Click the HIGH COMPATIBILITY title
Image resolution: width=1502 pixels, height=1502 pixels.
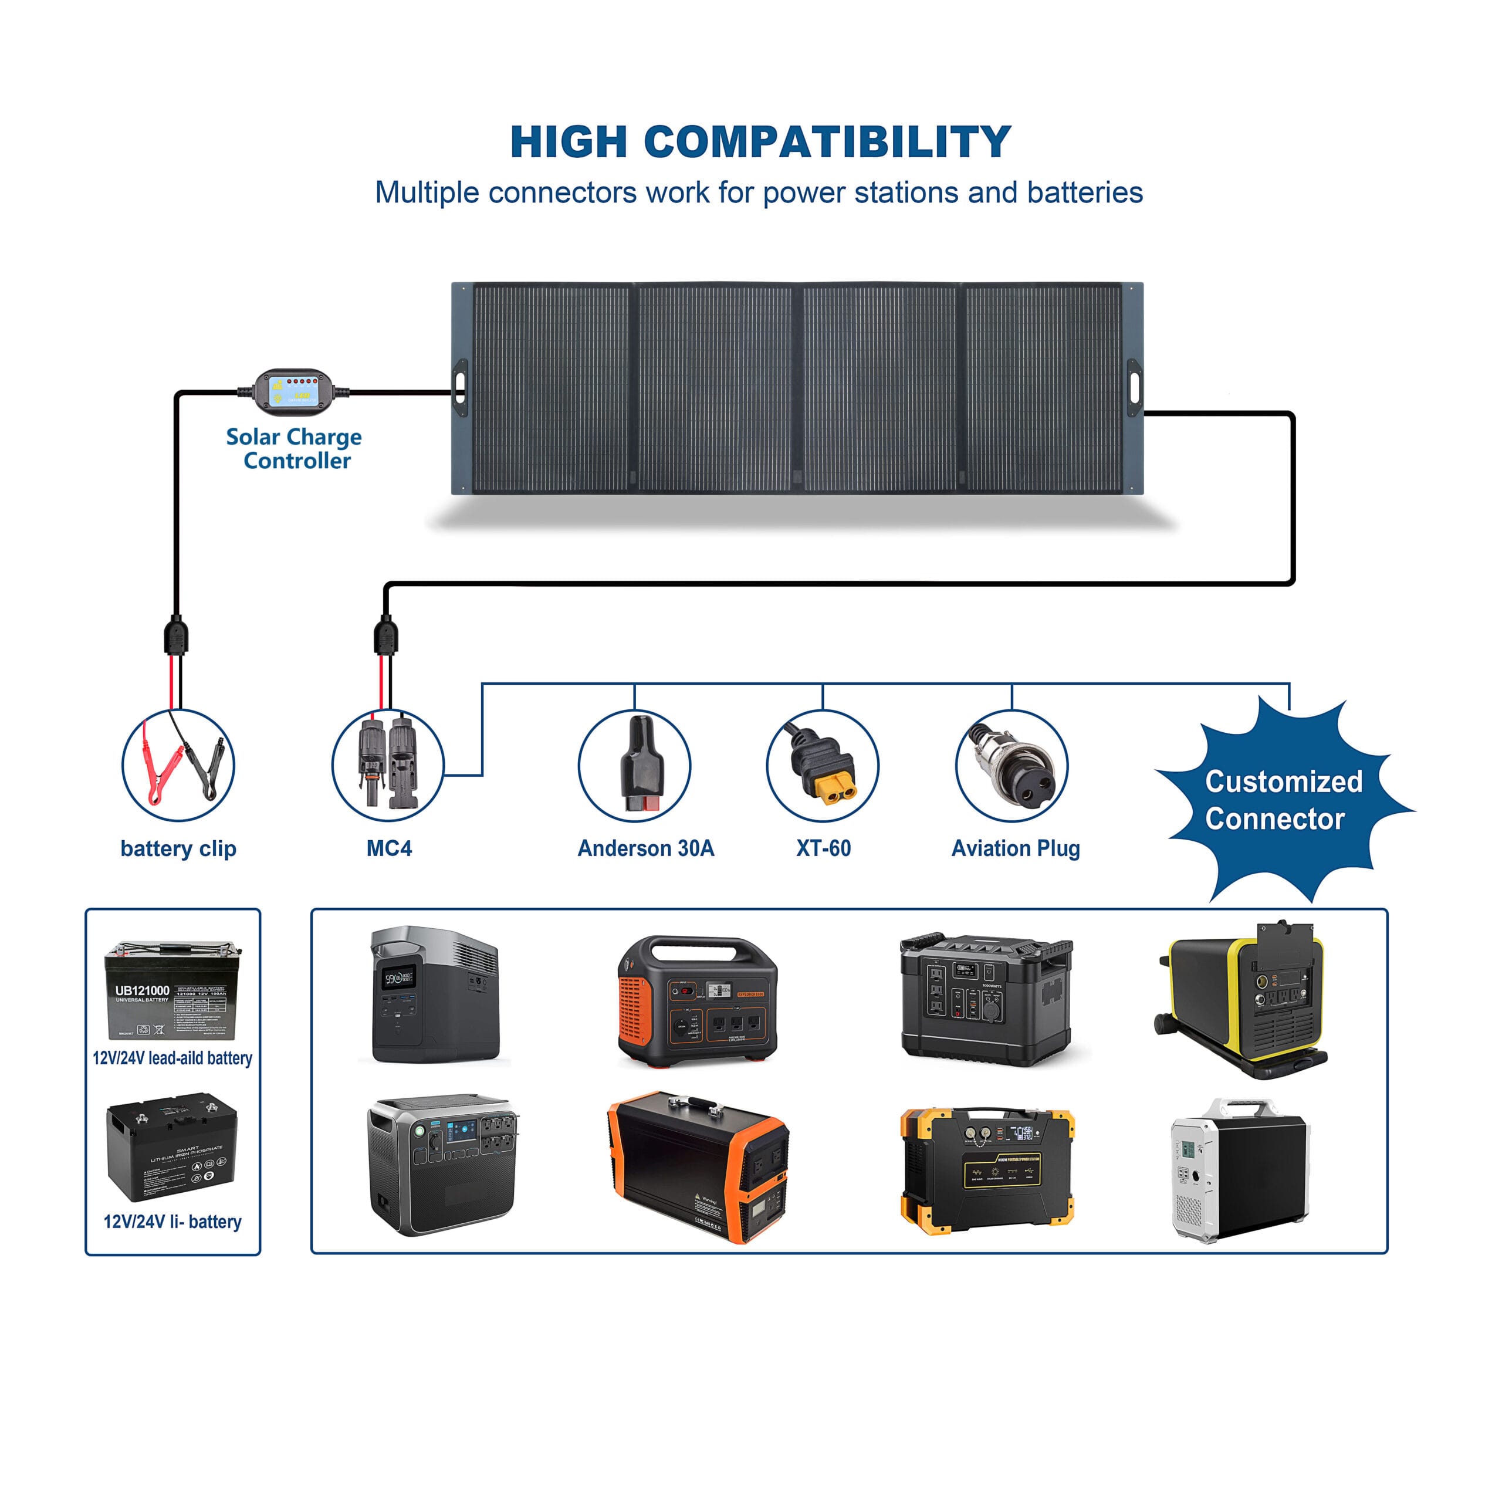(x=760, y=141)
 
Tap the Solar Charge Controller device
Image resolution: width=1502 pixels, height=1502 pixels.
(x=294, y=389)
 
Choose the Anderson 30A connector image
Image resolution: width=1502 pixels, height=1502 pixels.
(x=641, y=766)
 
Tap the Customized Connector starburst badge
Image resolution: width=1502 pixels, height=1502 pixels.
(x=1283, y=801)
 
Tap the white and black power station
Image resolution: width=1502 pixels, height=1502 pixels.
(x=1240, y=1170)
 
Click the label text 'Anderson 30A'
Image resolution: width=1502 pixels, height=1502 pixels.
(x=645, y=848)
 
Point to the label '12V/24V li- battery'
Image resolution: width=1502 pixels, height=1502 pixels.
(x=172, y=1222)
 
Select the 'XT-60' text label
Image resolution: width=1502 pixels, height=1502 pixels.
(x=823, y=848)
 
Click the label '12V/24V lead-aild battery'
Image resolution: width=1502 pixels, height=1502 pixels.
(x=172, y=1058)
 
